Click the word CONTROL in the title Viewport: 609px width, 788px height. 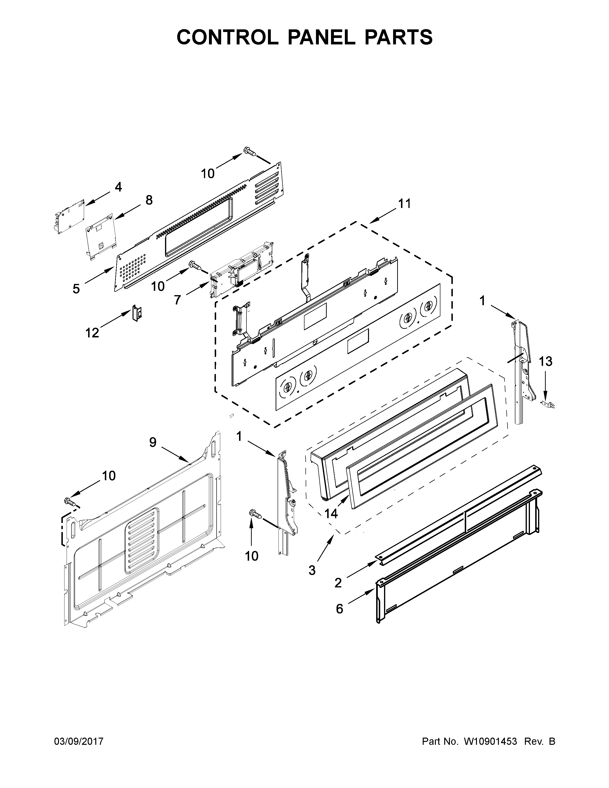point(227,37)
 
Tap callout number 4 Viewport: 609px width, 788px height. point(118,187)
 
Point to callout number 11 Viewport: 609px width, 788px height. point(404,204)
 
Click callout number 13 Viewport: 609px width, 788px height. point(545,361)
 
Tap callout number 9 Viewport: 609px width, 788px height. point(153,442)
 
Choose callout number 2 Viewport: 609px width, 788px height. point(338,583)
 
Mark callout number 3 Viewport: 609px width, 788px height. point(312,570)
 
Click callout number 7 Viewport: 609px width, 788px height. point(177,299)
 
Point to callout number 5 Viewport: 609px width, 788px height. point(76,289)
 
